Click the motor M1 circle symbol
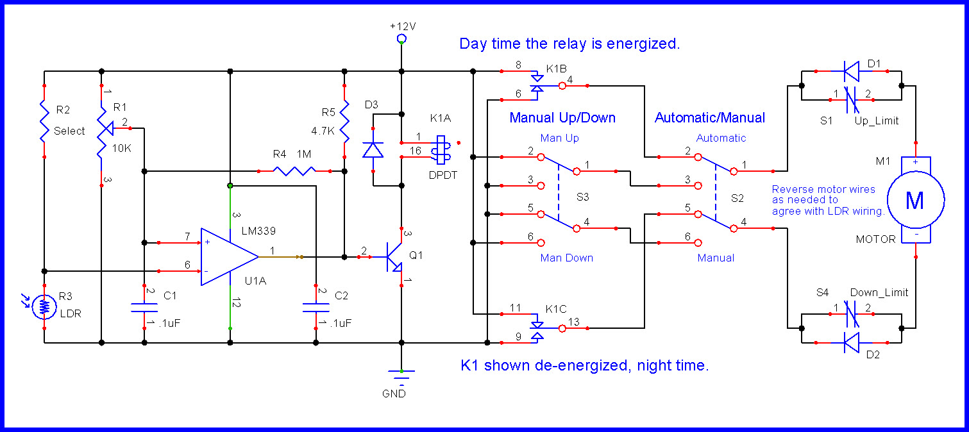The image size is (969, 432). pos(914,200)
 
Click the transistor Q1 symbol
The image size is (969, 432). pos(393,256)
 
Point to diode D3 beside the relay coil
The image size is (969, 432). pos(373,150)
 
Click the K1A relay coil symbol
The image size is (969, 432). pos(441,147)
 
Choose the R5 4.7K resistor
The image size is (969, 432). pos(344,122)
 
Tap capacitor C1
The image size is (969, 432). pos(144,307)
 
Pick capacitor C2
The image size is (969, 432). pos(316,307)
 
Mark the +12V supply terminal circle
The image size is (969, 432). pos(401,39)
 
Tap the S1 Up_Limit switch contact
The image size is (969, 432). pos(851,99)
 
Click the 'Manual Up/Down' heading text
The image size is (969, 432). pos(562,118)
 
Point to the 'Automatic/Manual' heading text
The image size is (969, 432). pos(709,118)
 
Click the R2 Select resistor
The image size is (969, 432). pos(44,122)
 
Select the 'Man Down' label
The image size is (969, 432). pos(566,258)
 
